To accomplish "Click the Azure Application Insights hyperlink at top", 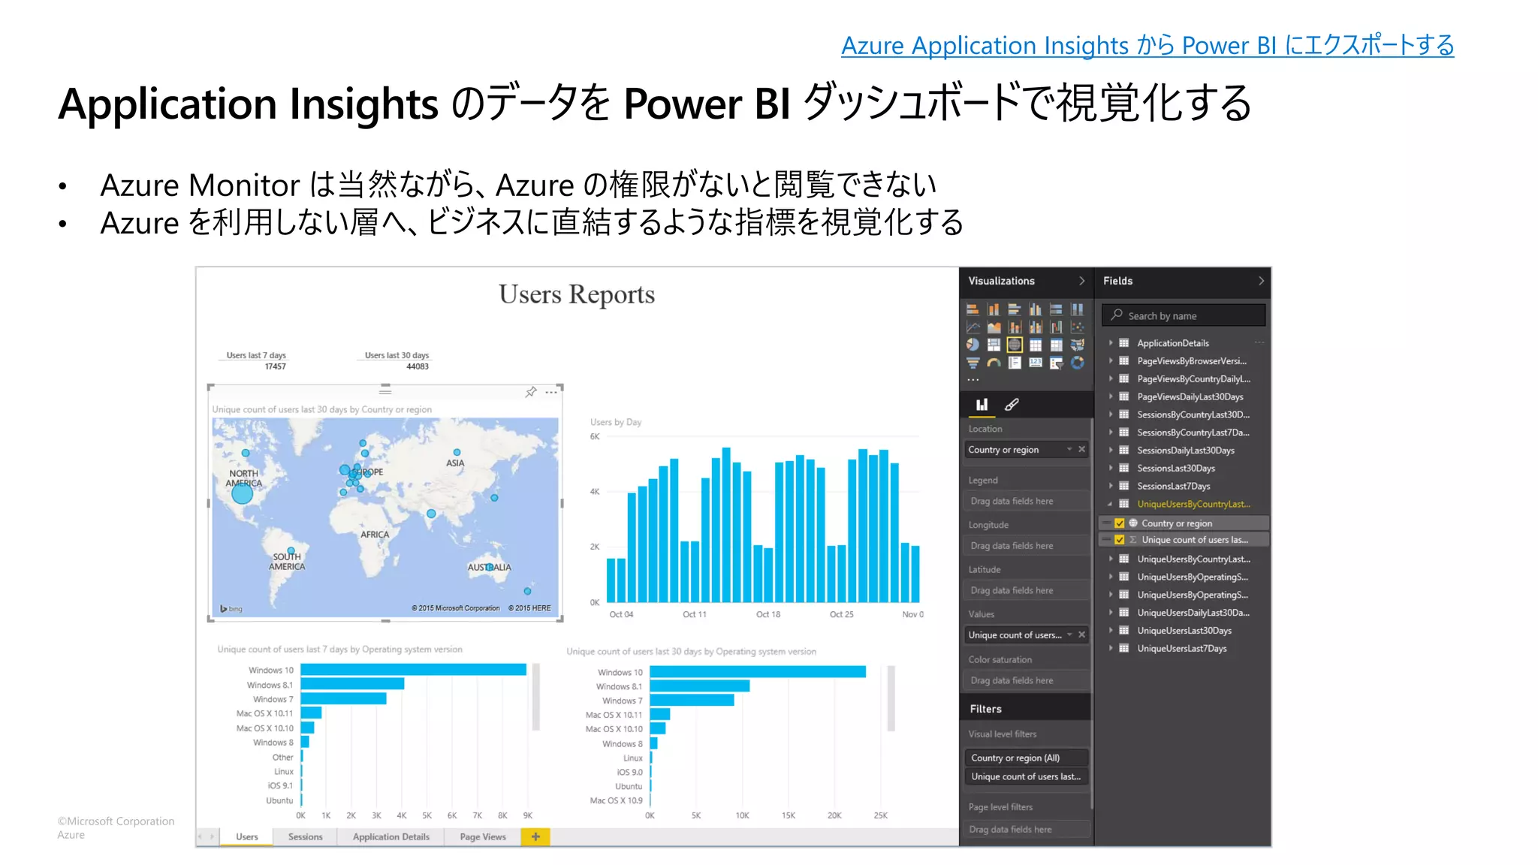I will (1147, 46).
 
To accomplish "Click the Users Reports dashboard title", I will (576, 294).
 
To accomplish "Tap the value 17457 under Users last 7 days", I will (275, 366).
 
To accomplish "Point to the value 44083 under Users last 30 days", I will (417, 366).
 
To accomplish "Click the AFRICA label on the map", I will (375, 535).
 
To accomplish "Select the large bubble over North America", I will (242, 493).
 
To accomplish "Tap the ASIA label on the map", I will (455, 463).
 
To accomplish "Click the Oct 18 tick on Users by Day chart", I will (767, 614).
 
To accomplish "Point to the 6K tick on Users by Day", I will (595, 436).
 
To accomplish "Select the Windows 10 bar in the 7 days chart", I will (413, 670).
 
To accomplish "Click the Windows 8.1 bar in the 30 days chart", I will (699, 686).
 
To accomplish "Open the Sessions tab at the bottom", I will (305, 836).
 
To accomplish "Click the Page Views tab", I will (482, 836).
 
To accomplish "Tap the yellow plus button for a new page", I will (535, 836).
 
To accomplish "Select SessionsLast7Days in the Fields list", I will (1173, 486).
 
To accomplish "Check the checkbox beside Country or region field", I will (1120, 523).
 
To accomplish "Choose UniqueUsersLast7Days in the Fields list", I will (1181, 648).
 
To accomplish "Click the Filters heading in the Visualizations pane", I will (985, 709).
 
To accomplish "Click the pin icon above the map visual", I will (531, 392).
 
